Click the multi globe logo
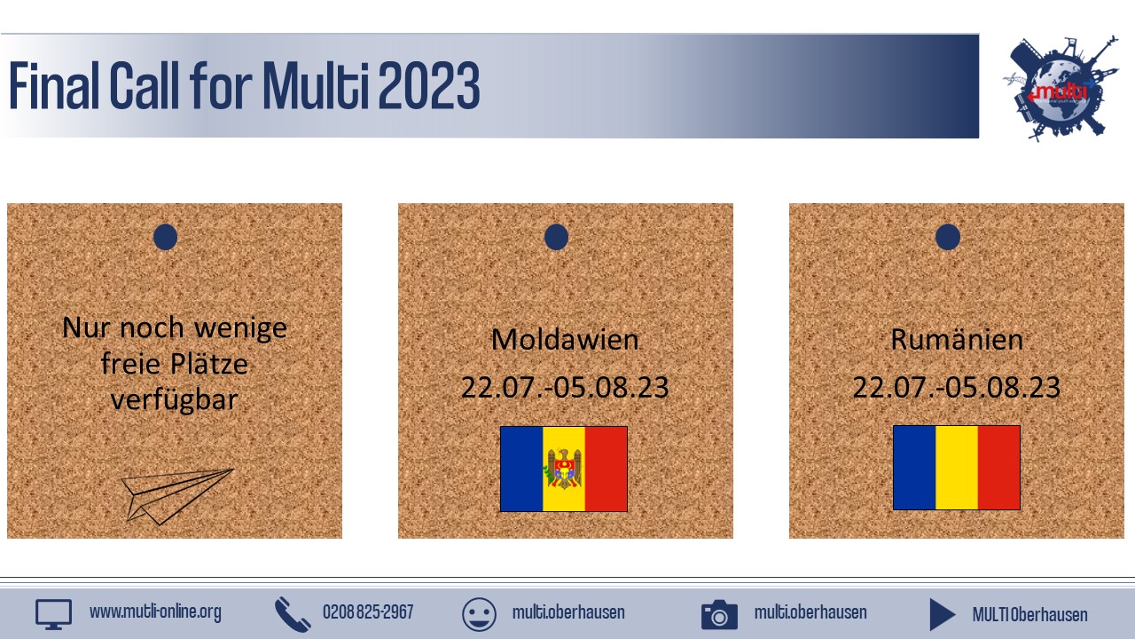1061,88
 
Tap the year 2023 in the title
428,85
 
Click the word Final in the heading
54,85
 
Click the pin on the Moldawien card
556,237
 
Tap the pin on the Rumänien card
948,237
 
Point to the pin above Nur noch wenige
165,237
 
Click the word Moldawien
565,339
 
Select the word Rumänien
957,339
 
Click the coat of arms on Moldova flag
563,469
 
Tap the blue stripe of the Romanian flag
914,468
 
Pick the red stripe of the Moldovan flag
606,469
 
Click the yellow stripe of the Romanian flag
957,468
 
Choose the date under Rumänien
957,388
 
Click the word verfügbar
175,400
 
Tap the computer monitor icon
53,614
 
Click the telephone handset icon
293,615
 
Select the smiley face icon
479,614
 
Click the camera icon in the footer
719,615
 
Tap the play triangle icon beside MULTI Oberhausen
942,615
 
